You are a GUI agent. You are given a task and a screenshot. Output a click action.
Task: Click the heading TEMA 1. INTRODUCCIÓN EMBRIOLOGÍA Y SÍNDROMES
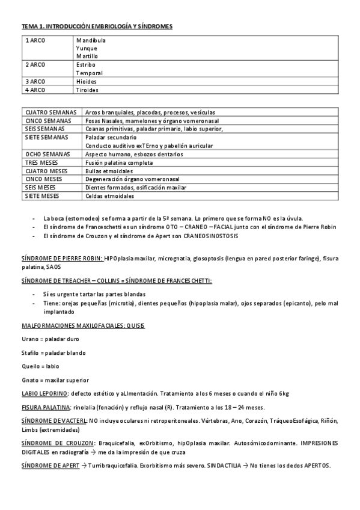click(x=97, y=26)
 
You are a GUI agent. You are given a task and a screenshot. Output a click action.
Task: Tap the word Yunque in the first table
click(x=87, y=48)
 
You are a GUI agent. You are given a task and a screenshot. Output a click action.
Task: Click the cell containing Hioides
click(x=87, y=81)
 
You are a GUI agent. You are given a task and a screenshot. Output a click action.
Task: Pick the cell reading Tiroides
click(x=87, y=90)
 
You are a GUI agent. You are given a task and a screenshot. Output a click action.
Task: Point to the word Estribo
click(x=86, y=64)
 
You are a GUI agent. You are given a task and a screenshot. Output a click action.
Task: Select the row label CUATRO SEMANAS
click(x=50, y=112)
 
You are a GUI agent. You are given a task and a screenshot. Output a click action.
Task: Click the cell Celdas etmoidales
click(x=110, y=196)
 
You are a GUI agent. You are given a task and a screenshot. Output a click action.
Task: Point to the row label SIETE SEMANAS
click(x=47, y=137)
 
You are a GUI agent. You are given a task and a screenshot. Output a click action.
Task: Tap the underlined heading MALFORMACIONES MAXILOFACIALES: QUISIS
click(x=82, y=325)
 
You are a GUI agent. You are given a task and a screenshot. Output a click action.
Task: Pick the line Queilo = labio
click(x=40, y=366)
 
